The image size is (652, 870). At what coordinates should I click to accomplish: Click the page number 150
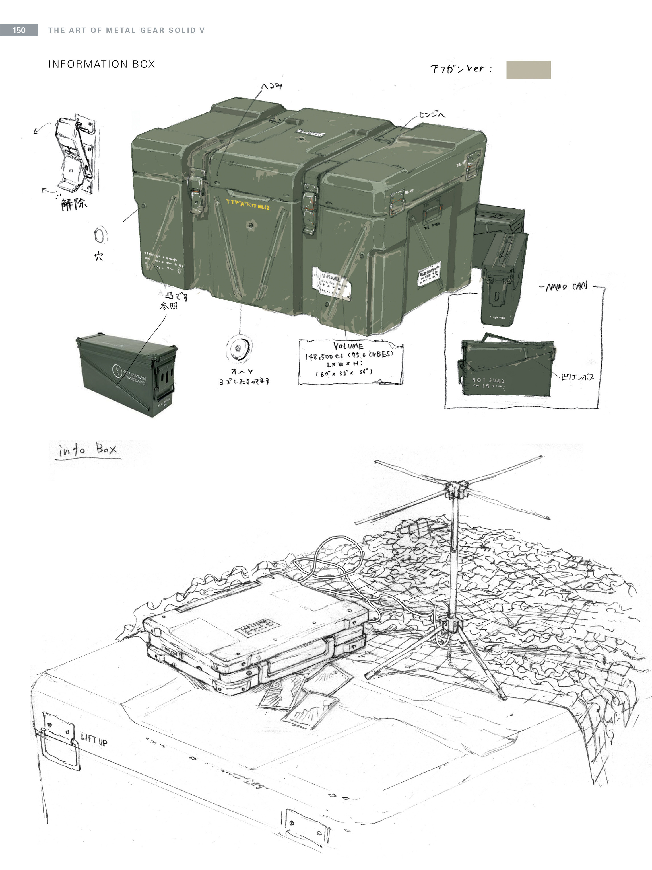[19, 30]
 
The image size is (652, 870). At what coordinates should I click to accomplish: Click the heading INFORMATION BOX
[101, 64]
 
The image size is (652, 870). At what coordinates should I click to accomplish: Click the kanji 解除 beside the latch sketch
[74, 204]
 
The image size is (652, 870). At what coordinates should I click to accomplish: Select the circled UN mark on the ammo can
[117, 370]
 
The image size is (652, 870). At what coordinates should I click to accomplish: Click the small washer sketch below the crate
[239, 348]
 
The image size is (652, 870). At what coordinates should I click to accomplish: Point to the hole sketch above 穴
[100, 236]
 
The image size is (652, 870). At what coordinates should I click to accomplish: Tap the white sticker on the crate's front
[331, 283]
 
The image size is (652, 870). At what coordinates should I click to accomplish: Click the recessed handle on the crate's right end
[432, 214]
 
